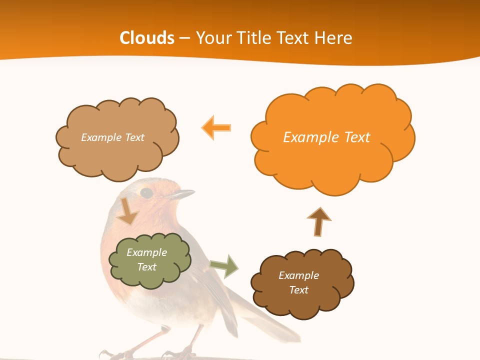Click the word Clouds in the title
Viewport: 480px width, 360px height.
[147, 38]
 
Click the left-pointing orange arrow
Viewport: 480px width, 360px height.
[216, 127]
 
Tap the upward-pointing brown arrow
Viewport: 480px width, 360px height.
[319, 221]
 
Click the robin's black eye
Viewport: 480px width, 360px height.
[146, 192]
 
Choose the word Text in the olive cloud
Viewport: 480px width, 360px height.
[147, 267]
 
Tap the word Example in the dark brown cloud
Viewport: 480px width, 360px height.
[298, 275]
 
